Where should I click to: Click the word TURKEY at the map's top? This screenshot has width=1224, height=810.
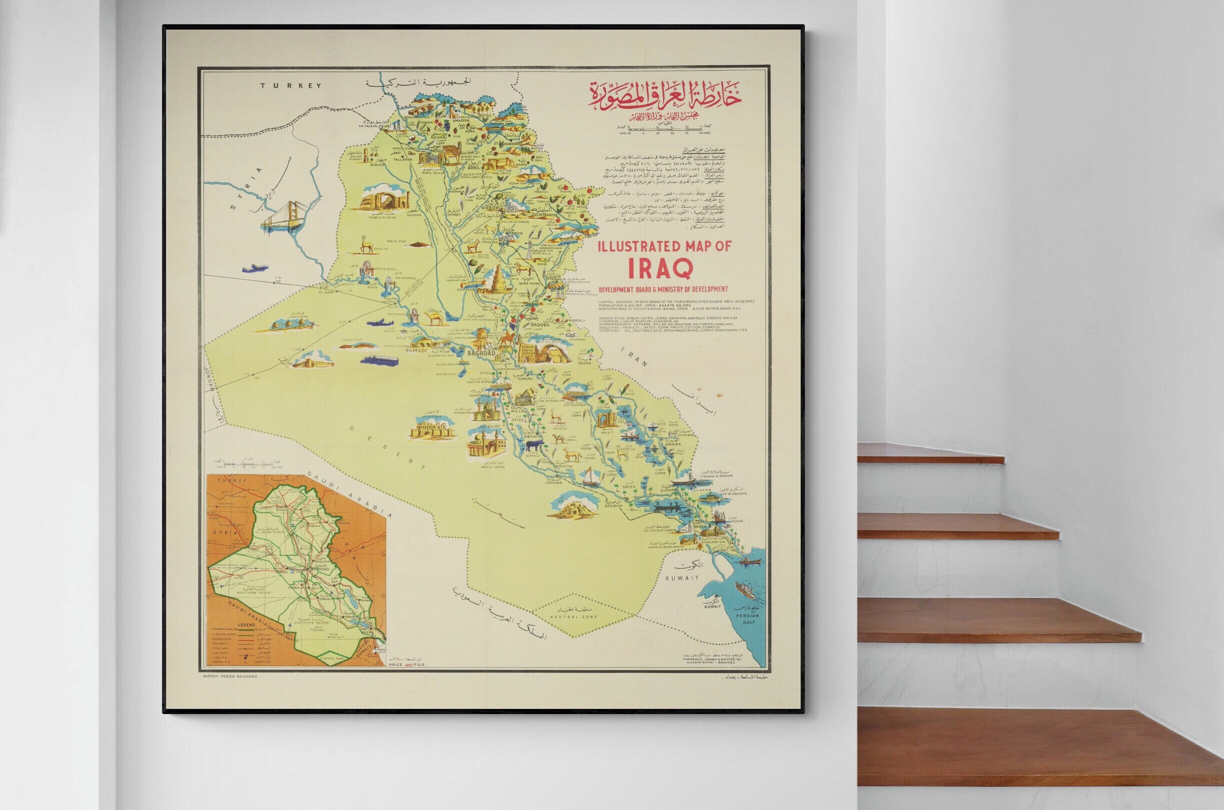point(290,86)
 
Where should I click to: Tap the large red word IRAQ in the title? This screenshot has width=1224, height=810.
point(660,268)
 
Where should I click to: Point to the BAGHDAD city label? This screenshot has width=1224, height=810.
point(480,353)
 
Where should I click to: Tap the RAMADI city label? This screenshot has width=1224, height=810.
point(416,350)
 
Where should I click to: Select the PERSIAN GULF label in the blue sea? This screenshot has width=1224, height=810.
point(748,618)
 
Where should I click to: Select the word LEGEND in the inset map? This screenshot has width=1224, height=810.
point(224,624)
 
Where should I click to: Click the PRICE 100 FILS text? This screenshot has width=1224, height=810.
point(406,664)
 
